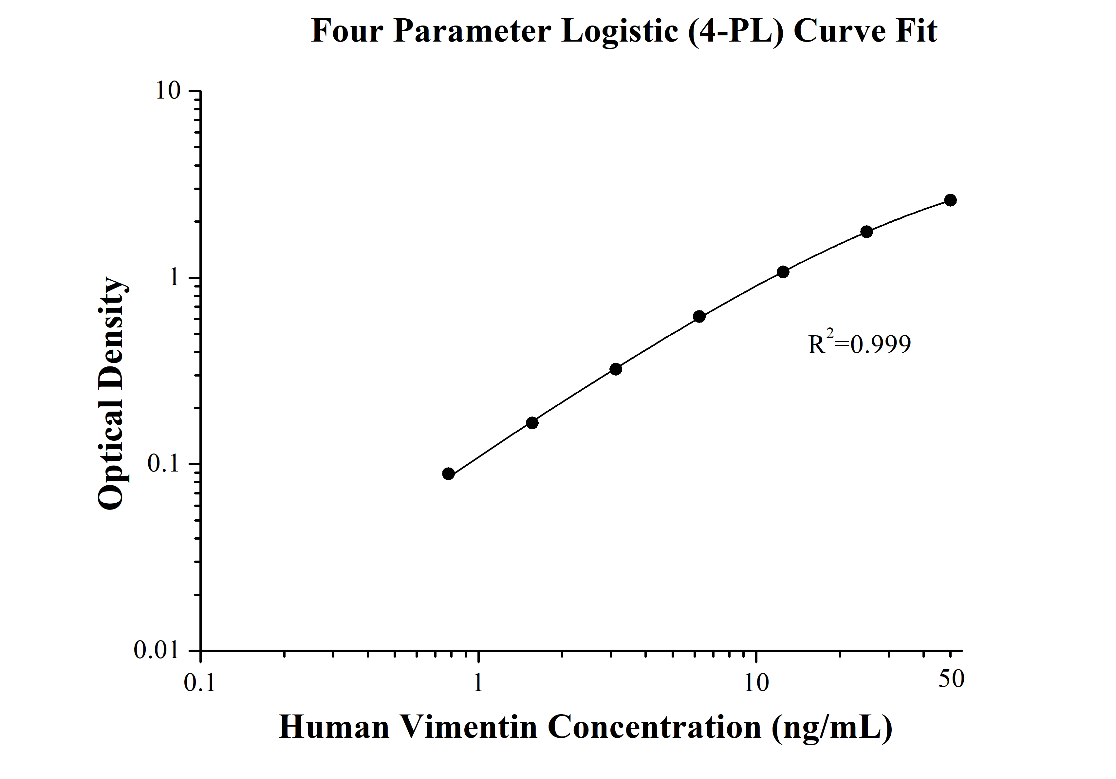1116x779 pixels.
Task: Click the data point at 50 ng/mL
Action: (950, 200)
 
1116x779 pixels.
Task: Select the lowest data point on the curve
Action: (449, 474)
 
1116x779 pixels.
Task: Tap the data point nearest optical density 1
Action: (783, 272)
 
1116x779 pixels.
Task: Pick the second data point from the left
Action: (532, 423)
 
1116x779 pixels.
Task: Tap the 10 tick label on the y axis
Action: (168, 91)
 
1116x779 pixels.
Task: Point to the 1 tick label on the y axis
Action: (174, 277)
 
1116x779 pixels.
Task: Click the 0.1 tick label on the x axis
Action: (199, 683)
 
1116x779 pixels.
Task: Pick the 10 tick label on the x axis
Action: (756, 683)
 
